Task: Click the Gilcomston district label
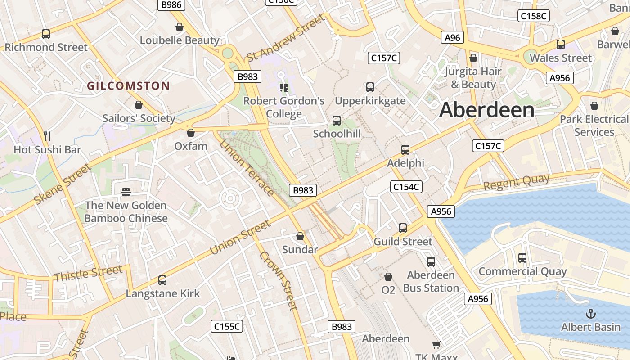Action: pos(128,86)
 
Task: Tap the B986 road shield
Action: pos(171,4)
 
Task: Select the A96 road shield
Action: pos(452,38)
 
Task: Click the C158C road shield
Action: pos(533,16)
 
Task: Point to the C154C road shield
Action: pos(406,187)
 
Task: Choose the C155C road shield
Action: pos(227,326)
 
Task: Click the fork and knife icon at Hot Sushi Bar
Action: pos(47,135)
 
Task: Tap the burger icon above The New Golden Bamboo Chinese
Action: pos(126,192)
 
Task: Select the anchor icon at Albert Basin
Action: pos(590,313)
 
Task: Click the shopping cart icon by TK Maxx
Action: pos(436,345)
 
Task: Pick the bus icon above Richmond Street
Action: pos(46,34)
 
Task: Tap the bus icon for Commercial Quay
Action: pos(522,258)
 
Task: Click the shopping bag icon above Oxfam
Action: pos(191,133)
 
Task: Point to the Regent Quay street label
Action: pos(517,182)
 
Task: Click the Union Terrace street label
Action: pos(247,168)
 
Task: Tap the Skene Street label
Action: pos(62,184)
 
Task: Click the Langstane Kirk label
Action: pos(162,294)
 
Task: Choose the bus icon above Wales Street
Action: pos(561,45)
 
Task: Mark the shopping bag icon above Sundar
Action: pos(300,236)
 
